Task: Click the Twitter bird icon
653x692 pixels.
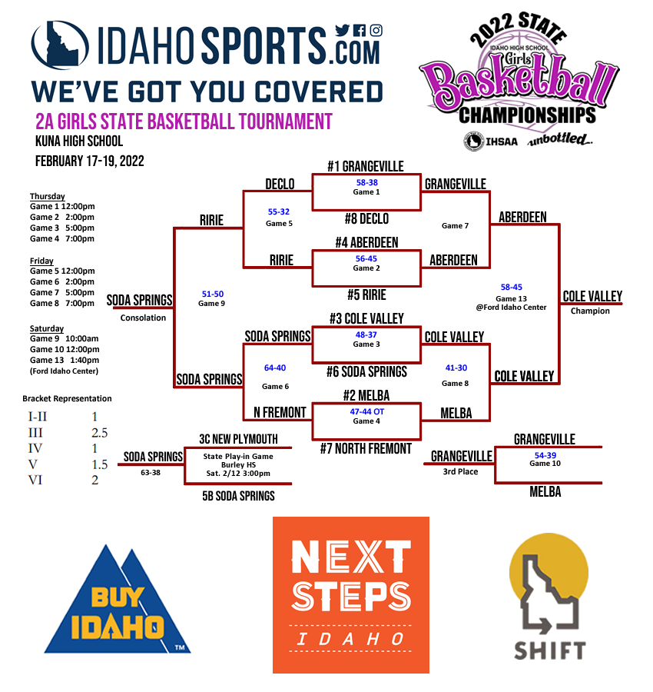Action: click(x=342, y=31)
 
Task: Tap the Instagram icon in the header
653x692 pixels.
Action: click(x=376, y=31)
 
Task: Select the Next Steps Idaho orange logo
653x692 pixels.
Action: click(x=351, y=594)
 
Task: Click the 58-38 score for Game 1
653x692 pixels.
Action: click(x=366, y=183)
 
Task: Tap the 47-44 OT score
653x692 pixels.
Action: click(x=366, y=411)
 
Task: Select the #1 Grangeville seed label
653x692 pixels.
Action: click(x=365, y=166)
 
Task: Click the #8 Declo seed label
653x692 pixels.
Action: click(x=366, y=219)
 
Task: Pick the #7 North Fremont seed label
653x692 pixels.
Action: click(x=366, y=448)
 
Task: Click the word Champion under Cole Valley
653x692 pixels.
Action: click(x=590, y=311)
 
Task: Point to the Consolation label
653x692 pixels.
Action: click(x=143, y=318)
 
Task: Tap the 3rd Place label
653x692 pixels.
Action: click(x=460, y=471)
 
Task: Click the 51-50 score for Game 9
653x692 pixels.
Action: click(x=213, y=294)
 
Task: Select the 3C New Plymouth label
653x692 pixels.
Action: click(x=238, y=439)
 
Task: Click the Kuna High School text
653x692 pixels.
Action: click(x=79, y=141)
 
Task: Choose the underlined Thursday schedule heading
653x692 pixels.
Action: click(x=48, y=196)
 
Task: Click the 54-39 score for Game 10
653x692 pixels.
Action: click(x=545, y=455)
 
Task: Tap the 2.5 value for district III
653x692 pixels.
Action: click(x=101, y=433)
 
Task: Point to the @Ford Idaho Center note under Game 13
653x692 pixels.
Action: click(x=511, y=308)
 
